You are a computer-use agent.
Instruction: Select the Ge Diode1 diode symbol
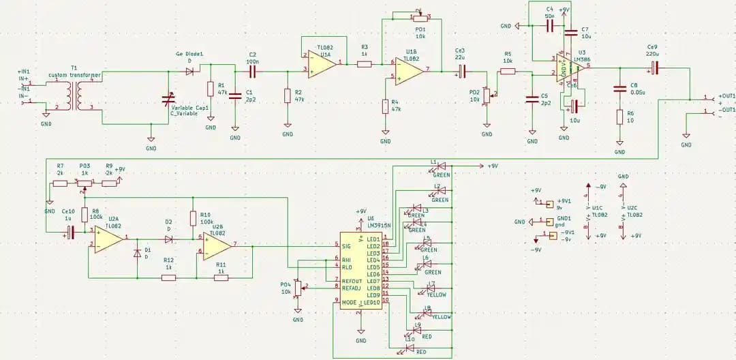pyautogui.click(x=190, y=70)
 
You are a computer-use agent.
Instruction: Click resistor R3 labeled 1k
pyautogui.click(x=365, y=64)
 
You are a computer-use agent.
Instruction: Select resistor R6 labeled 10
pyautogui.click(x=619, y=117)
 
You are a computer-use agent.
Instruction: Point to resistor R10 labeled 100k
pyautogui.click(x=193, y=218)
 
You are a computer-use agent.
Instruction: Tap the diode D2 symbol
pyautogui.click(x=168, y=239)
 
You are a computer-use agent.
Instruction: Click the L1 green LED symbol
pyautogui.click(x=440, y=166)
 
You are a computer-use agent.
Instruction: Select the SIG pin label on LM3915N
pyautogui.click(x=346, y=245)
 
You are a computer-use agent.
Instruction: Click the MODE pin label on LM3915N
pyautogui.click(x=349, y=301)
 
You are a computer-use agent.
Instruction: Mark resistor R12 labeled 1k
pyautogui.click(x=168, y=277)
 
